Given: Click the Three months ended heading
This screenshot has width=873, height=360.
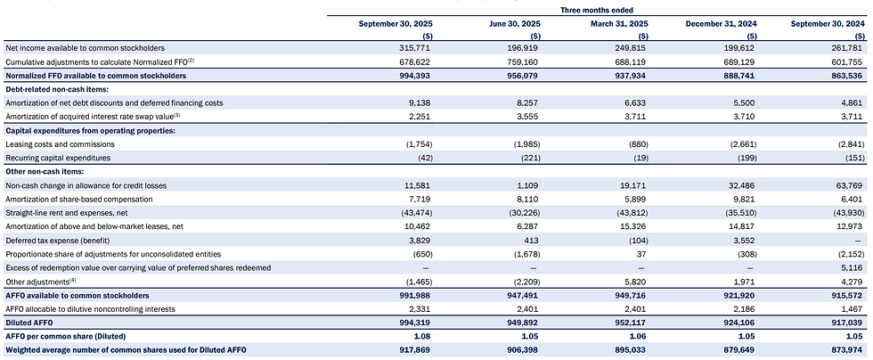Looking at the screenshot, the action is click(x=596, y=10).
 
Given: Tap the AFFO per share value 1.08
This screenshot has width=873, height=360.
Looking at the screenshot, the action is click(x=424, y=336).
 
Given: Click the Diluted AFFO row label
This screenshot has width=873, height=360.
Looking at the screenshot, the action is click(x=22, y=322).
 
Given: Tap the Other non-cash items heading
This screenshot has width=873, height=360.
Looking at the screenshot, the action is click(x=36, y=172).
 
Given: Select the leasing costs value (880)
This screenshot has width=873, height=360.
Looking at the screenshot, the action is click(x=638, y=144).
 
